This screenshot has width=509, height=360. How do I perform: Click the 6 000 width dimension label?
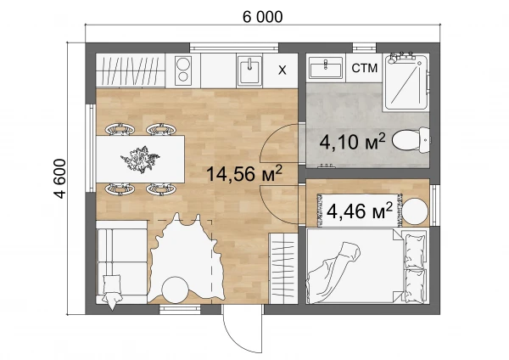click(263, 17)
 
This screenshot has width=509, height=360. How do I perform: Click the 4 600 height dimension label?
click(60, 178)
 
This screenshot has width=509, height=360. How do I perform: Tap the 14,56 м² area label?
click(244, 173)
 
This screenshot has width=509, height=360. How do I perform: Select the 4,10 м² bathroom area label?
click(352, 142)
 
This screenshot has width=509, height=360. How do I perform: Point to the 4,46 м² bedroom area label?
click(360, 211)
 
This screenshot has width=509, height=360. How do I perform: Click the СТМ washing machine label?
click(364, 68)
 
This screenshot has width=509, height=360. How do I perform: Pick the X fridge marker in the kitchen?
click(282, 70)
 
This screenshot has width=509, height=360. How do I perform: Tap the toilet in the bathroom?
click(411, 140)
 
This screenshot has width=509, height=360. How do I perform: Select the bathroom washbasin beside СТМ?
click(326, 68)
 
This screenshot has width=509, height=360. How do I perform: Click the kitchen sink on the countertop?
click(249, 70)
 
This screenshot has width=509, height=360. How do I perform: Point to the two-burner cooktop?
click(183, 70)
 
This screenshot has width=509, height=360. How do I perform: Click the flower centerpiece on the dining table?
click(140, 159)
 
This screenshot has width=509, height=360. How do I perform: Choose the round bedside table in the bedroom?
click(416, 211)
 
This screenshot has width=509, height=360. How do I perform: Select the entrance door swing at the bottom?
click(243, 329)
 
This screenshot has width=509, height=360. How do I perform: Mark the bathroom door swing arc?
click(279, 143)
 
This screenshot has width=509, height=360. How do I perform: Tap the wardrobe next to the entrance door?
click(283, 268)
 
